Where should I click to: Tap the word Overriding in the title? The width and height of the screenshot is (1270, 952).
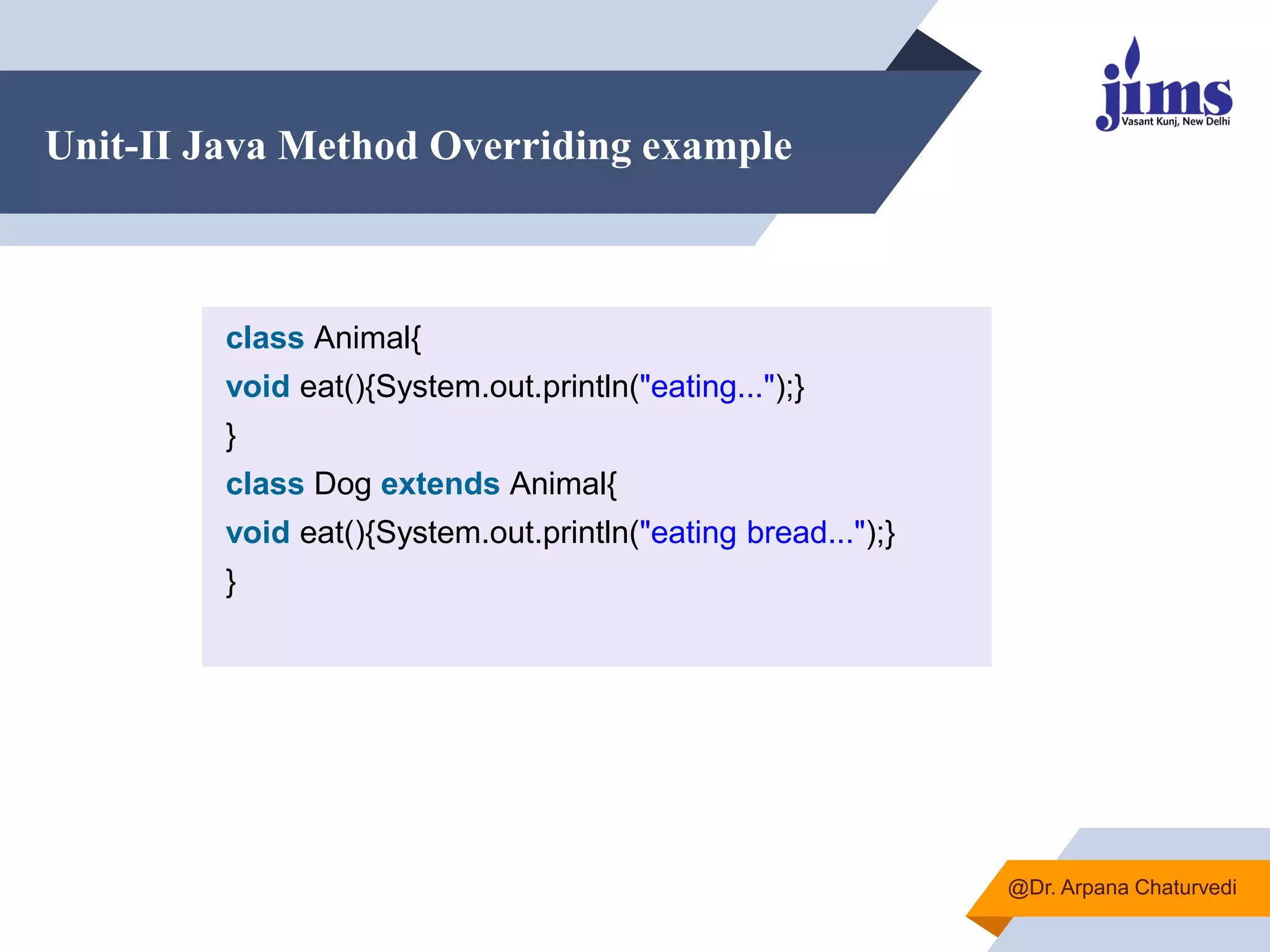[x=530, y=147]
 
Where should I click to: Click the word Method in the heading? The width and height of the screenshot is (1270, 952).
[x=347, y=146]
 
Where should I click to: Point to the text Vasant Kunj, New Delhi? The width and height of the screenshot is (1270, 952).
[x=1175, y=121]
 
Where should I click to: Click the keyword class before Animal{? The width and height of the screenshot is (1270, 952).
[x=265, y=338]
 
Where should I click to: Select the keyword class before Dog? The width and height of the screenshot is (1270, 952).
[x=265, y=484]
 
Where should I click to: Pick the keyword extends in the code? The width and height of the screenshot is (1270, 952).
[x=440, y=484]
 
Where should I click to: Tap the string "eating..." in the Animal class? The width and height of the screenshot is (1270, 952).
[x=707, y=387]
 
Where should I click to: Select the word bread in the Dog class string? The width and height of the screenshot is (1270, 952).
[x=786, y=532]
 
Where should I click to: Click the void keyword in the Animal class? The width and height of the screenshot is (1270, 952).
[x=257, y=387]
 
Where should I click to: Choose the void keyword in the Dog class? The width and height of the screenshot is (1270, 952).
[x=257, y=532]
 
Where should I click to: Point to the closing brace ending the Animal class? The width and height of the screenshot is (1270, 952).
[x=231, y=436]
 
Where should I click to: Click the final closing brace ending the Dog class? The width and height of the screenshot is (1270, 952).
[x=231, y=582]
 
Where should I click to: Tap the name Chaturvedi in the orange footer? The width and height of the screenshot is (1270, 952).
[x=1185, y=888]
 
